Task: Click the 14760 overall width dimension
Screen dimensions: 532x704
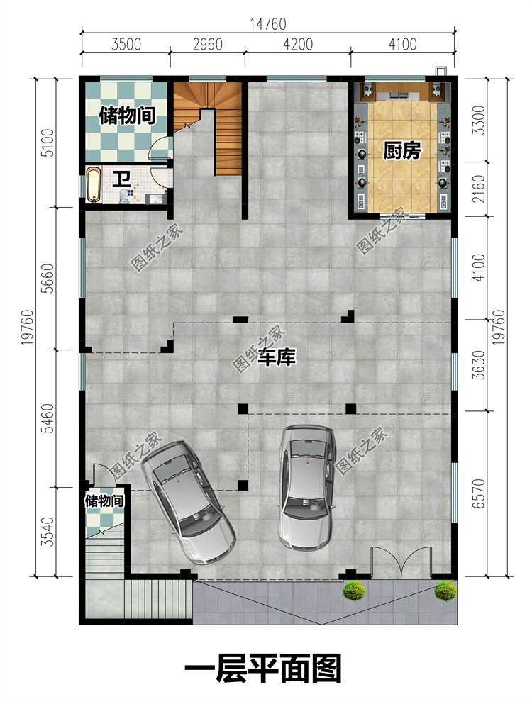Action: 268,23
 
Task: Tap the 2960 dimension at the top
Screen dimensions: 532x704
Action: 208,44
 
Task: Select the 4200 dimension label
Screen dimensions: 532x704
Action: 297,44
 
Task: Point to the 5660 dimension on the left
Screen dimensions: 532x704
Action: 48,279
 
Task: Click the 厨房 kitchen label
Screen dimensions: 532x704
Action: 401,151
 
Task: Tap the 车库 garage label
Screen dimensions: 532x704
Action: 277,357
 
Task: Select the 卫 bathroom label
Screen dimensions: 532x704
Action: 121,179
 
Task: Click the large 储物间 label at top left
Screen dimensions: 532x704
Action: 127,116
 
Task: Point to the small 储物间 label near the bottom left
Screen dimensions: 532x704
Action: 104,500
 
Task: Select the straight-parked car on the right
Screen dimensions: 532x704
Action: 306,486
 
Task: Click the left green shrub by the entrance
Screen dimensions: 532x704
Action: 354,591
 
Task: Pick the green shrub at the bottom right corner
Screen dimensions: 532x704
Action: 445,591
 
